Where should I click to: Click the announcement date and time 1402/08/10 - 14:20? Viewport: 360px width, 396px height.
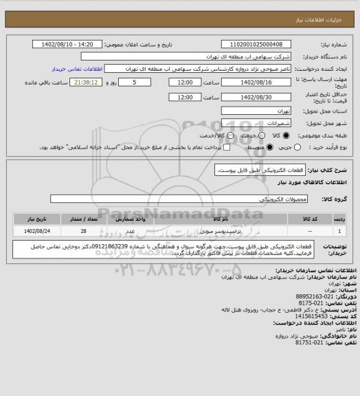click(x=67, y=44)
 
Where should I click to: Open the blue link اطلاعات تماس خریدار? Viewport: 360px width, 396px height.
click(x=78, y=69)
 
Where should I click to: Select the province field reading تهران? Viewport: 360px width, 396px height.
click(x=258, y=110)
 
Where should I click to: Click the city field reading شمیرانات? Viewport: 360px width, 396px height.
click(x=258, y=122)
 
